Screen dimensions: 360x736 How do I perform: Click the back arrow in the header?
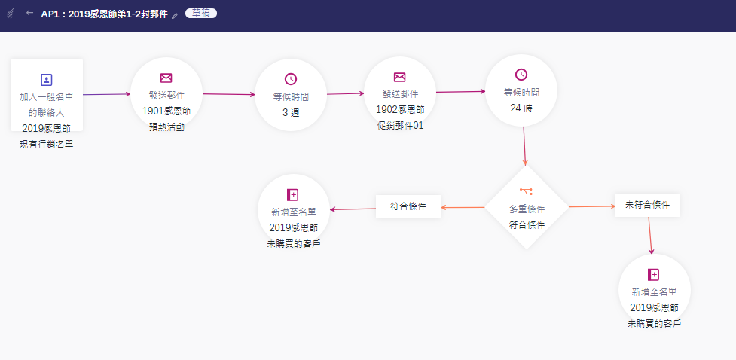tap(29, 13)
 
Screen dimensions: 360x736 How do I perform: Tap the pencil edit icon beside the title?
tap(175, 15)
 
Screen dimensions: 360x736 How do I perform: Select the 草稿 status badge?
tap(200, 14)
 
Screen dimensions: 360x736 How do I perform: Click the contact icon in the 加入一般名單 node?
tap(47, 79)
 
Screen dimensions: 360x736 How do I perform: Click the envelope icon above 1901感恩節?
tap(166, 78)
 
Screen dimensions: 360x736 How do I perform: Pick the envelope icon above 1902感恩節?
tap(400, 77)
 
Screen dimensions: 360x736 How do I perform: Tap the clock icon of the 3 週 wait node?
tap(291, 79)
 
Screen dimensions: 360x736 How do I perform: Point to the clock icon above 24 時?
tap(521, 74)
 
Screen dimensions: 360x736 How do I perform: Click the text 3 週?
tap(291, 112)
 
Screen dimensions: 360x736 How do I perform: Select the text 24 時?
tap(521, 107)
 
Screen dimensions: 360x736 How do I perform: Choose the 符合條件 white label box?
tap(408, 206)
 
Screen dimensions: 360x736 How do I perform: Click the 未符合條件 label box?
tap(647, 204)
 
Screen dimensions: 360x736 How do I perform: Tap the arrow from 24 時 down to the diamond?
tap(524, 147)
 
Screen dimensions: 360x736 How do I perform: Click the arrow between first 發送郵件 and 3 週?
tap(229, 95)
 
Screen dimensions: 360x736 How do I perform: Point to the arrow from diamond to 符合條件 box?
tap(463, 207)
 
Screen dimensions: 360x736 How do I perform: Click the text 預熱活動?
tap(166, 127)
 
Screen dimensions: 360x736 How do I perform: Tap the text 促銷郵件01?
tap(400, 125)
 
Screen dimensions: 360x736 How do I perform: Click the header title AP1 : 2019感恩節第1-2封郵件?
tap(104, 14)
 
